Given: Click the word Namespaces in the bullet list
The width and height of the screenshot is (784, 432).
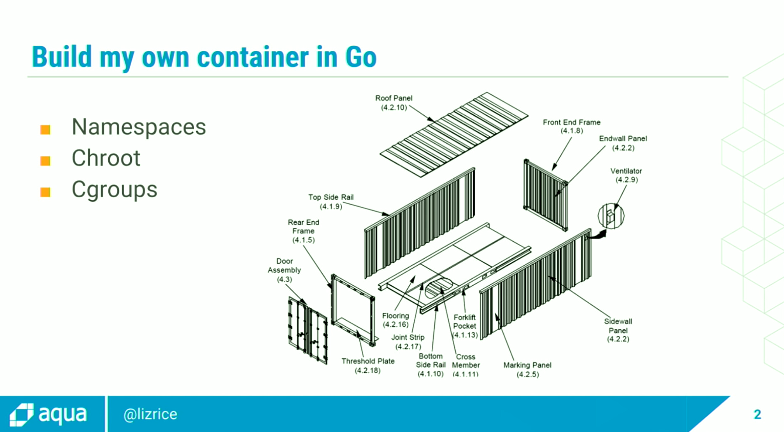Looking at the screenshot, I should (x=139, y=127).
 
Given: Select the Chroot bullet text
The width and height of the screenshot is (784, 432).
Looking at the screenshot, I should (x=106, y=158).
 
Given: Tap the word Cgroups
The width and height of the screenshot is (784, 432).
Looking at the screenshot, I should (x=115, y=190).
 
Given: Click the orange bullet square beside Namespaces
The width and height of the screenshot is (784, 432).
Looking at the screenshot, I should (x=45, y=130).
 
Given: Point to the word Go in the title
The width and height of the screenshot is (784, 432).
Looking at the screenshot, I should (x=361, y=57).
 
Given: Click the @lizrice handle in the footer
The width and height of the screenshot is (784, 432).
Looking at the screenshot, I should (x=150, y=414).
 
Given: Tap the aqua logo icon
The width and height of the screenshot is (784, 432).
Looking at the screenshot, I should (x=21, y=415).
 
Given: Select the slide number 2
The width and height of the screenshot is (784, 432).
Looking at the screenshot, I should (x=757, y=414).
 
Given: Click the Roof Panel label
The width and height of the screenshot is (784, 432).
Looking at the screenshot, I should (x=394, y=102).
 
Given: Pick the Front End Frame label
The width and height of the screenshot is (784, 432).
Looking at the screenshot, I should (x=572, y=126).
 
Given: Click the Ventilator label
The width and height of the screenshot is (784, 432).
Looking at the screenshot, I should (x=626, y=175).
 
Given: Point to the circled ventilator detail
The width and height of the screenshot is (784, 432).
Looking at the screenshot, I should (x=611, y=216).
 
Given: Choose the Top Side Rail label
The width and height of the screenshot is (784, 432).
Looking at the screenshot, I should (x=331, y=201).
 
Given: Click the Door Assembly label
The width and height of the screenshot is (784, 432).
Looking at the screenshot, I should (x=284, y=270).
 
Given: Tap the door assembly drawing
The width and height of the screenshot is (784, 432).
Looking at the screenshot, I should (x=307, y=330).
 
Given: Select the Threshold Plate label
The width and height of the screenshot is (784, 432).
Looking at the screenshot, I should (x=368, y=365).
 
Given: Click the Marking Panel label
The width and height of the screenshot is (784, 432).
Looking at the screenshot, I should (x=527, y=369).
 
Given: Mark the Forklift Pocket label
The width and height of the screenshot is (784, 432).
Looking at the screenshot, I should (x=465, y=326).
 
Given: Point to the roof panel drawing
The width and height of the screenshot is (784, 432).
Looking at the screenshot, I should (x=454, y=134).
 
